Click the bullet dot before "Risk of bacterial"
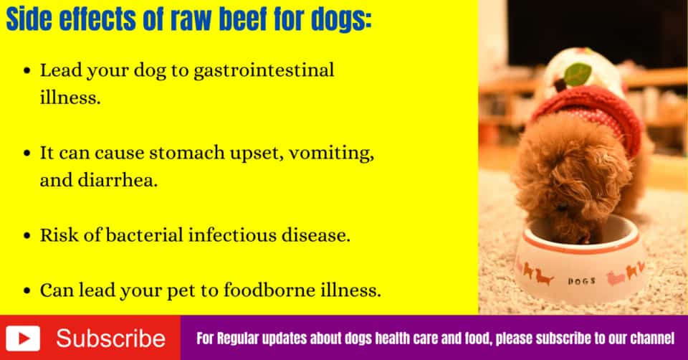tap(27, 236)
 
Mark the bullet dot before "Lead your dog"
tap(27, 72)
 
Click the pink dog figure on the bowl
tap(616, 275)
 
